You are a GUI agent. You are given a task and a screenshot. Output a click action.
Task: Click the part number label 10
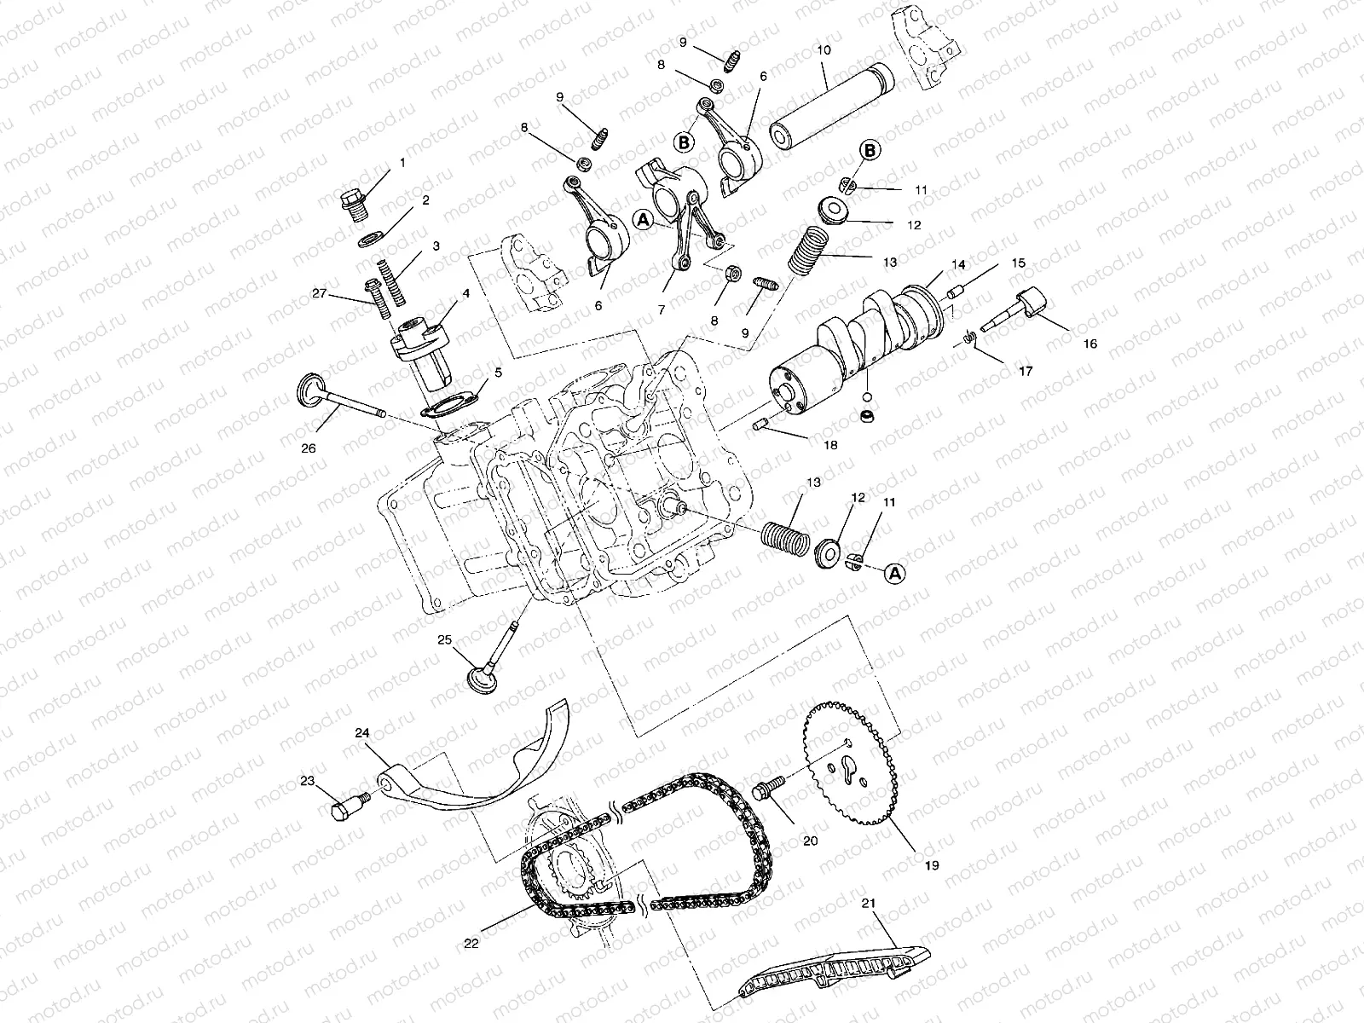click(824, 50)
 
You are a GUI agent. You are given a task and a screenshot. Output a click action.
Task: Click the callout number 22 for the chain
click(472, 943)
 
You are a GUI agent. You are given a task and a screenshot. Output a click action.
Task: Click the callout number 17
click(1026, 372)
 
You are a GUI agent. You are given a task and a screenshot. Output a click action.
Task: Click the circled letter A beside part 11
click(894, 574)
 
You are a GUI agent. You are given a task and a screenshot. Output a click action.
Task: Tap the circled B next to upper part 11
click(869, 151)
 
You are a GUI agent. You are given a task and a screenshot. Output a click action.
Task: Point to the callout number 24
click(362, 733)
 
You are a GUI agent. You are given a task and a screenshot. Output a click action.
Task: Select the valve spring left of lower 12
click(783, 540)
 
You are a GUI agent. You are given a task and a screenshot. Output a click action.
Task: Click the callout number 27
click(319, 292)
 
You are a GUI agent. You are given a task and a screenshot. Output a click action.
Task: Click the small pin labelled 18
click(763, 425)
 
